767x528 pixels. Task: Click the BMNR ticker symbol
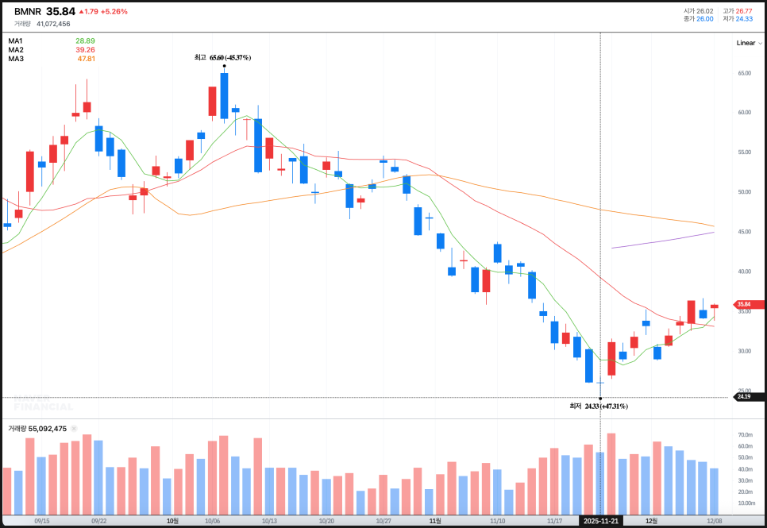pyautogui.click(x=27, y=12)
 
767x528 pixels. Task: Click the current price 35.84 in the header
pyautogui.click(x=60, y=12)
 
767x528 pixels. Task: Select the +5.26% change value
pyautogui.click(x=114, y=12)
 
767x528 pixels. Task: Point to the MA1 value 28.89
pyautogui.click(x=85, y=40)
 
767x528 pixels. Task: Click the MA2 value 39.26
pyautogui.click(x=85, y=49)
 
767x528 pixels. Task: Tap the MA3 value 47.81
pyautogui.click(x=86, y=59)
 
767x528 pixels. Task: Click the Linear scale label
pyautogui.click(x=746, y=43)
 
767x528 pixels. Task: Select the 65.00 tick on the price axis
pyautogui.click(x=744, y=73)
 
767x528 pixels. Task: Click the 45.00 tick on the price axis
pyautogui.click(x=744, y=232)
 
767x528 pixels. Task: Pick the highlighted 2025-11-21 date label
pyautogui.click(x=600, y=521)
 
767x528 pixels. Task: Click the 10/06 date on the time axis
pyautogui.click(x=212, y=521)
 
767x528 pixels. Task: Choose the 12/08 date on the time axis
pyautogui.click(x=715, y=521)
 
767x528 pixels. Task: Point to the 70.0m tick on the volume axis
pyautogui.click(x=745, y=435)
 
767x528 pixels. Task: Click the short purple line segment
pyautogui.click(x=663, y=240)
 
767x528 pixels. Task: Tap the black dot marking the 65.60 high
pyautogui.click(x=225, y=67)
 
